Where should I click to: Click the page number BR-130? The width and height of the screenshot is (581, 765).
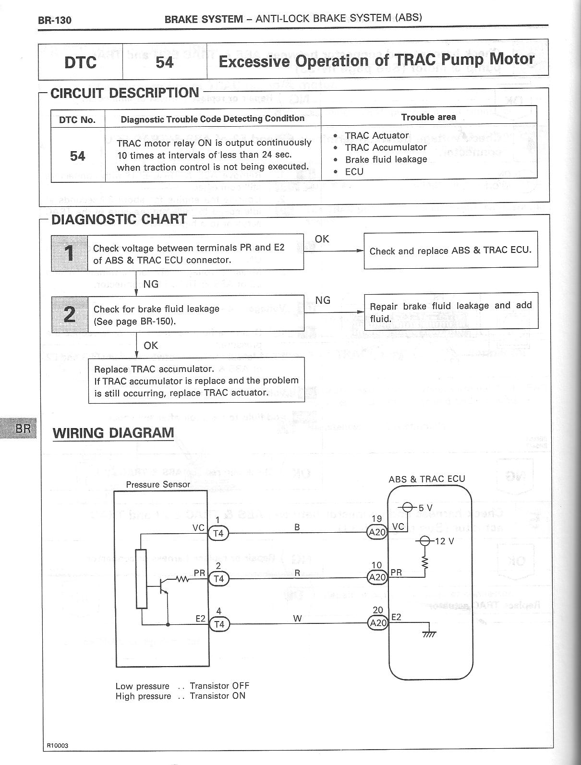54,20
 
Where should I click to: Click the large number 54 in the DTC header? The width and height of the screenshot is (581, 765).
165,62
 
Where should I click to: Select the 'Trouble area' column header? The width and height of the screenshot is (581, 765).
428,117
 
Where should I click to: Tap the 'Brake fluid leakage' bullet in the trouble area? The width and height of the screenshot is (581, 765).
386,159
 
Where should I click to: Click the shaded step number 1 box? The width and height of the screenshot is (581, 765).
70,253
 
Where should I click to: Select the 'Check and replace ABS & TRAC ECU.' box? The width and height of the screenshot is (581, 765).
450,251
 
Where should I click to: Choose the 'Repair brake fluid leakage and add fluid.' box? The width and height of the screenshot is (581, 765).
450,311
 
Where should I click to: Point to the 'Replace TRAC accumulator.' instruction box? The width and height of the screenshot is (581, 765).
196,381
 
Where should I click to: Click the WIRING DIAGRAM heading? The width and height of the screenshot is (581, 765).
113,433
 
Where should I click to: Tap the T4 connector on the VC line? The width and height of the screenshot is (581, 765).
218,533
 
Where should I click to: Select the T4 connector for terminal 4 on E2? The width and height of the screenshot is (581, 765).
219,624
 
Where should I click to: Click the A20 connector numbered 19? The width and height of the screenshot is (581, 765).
377,532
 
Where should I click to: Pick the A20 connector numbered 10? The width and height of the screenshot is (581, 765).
377,577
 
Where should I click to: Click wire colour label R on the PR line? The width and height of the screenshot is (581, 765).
297,573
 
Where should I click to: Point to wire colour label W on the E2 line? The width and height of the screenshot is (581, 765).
297,619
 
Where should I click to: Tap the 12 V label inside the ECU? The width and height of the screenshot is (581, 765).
444,541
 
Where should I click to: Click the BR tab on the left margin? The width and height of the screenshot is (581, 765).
23,428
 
